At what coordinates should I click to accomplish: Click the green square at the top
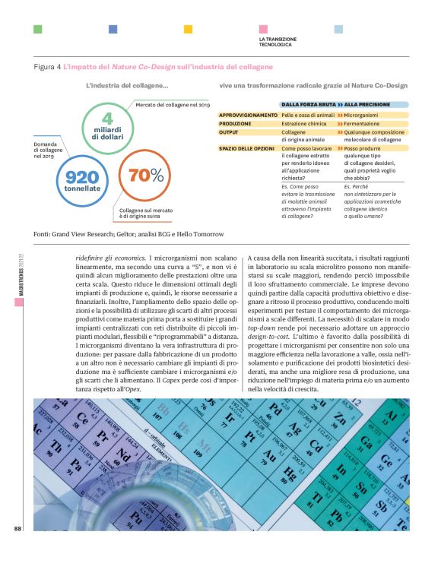point(37,29)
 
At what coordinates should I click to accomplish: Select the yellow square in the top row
point(188,29)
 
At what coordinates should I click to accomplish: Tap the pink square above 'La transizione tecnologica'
point(263,29)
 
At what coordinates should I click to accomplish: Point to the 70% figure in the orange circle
point(147,175)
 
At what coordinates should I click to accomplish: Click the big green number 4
point(107,119)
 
